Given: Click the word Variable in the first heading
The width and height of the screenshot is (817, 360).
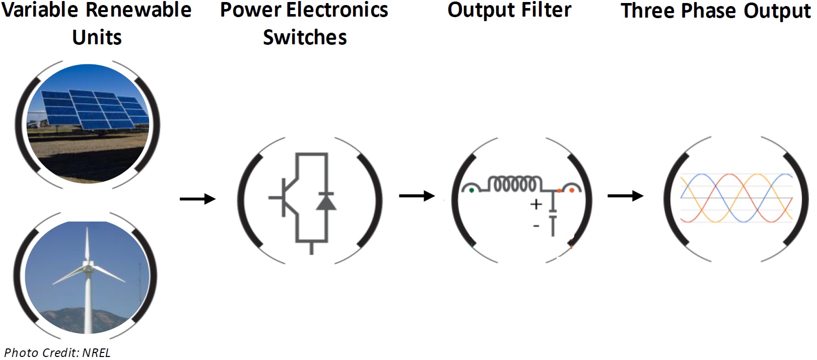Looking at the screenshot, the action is coord(40,10).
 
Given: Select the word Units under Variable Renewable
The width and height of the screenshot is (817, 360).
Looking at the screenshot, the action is coord(97,37).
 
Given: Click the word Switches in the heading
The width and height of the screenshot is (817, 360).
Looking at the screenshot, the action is coord(305,37).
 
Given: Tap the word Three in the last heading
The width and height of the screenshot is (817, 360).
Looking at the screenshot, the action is coord(648,11).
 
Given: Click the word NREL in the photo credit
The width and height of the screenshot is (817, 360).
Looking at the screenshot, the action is coord(96,353).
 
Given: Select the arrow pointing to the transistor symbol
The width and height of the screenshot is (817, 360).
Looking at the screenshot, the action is coord(197,199).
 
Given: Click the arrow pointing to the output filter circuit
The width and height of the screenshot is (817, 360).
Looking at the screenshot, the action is coord(417,196).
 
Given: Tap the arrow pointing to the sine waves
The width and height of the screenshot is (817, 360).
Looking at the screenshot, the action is coord(625,196).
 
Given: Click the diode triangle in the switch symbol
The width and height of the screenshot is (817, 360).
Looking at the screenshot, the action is coord(326,202).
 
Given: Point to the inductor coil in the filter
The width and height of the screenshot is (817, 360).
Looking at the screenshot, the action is coord(515,184).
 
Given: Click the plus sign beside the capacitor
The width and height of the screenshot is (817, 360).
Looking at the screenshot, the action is coord(536,204).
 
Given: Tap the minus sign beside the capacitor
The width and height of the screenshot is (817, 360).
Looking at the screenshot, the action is coord(536,226).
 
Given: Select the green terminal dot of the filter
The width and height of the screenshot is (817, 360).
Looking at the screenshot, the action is coord(471,190).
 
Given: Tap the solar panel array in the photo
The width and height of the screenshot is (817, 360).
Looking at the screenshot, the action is coord(94,109).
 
